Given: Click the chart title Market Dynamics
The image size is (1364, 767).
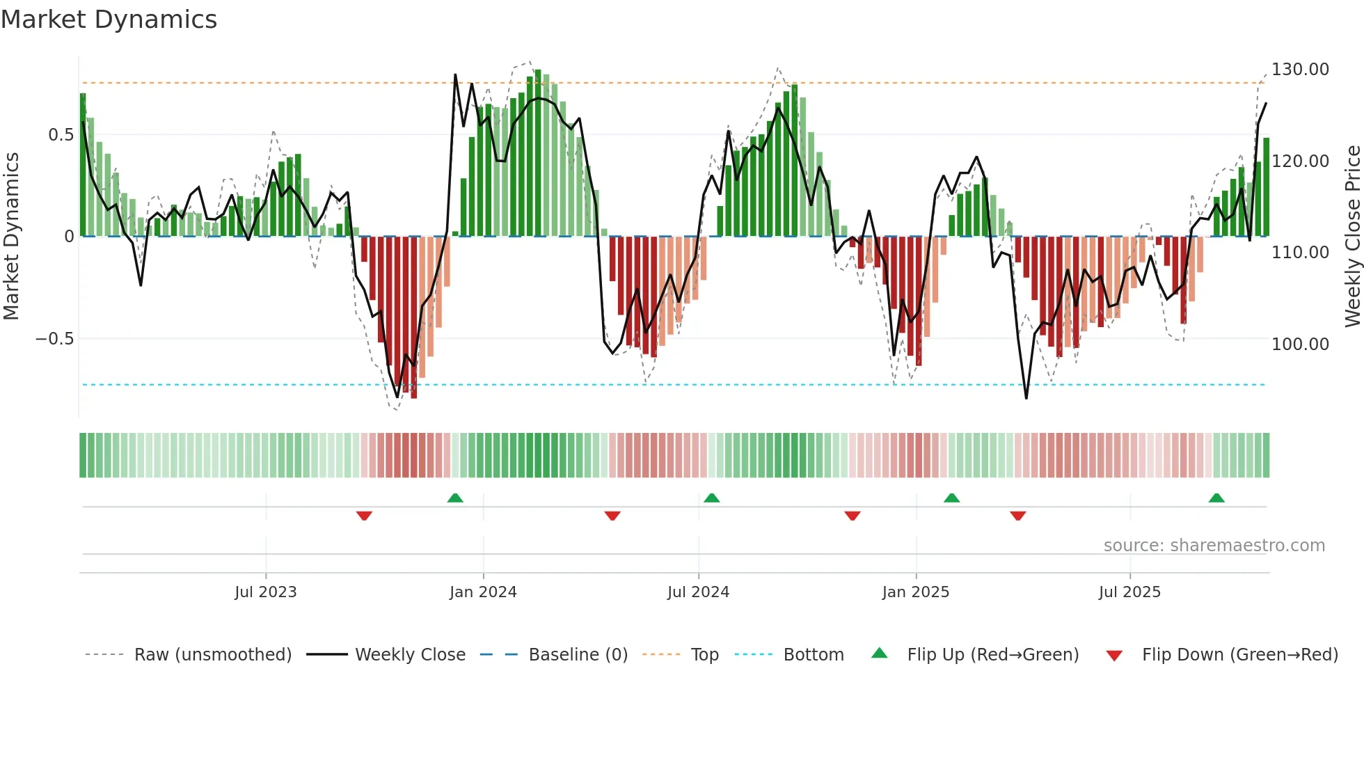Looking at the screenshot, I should click(109, 19).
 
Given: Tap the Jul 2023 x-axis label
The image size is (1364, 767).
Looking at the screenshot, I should click(265, 592).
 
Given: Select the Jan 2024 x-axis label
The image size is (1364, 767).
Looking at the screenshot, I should click(483, 592).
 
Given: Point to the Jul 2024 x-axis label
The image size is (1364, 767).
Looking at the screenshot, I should click(698, 592).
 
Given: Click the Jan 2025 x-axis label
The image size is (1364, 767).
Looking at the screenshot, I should click(915, 592).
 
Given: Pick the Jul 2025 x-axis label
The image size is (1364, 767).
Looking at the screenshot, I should click(1129, 592).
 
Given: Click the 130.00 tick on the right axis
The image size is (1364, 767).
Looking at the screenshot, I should click(1300, 70).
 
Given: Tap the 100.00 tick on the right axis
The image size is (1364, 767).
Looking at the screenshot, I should click(1300, 344).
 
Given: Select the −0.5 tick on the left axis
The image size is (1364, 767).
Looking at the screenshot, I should click(54, 339).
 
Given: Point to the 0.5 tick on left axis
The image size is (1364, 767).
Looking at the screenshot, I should click(61, 135).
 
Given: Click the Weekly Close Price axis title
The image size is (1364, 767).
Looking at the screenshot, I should click(1352, 237).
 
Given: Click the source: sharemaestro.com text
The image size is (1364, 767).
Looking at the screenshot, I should click(1214, 546).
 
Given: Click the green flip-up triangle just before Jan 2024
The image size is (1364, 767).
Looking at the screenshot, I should click(455, 498).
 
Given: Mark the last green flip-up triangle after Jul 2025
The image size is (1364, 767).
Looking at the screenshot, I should click(1216, 498).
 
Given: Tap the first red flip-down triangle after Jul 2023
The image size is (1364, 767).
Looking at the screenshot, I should click(364, 516).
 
